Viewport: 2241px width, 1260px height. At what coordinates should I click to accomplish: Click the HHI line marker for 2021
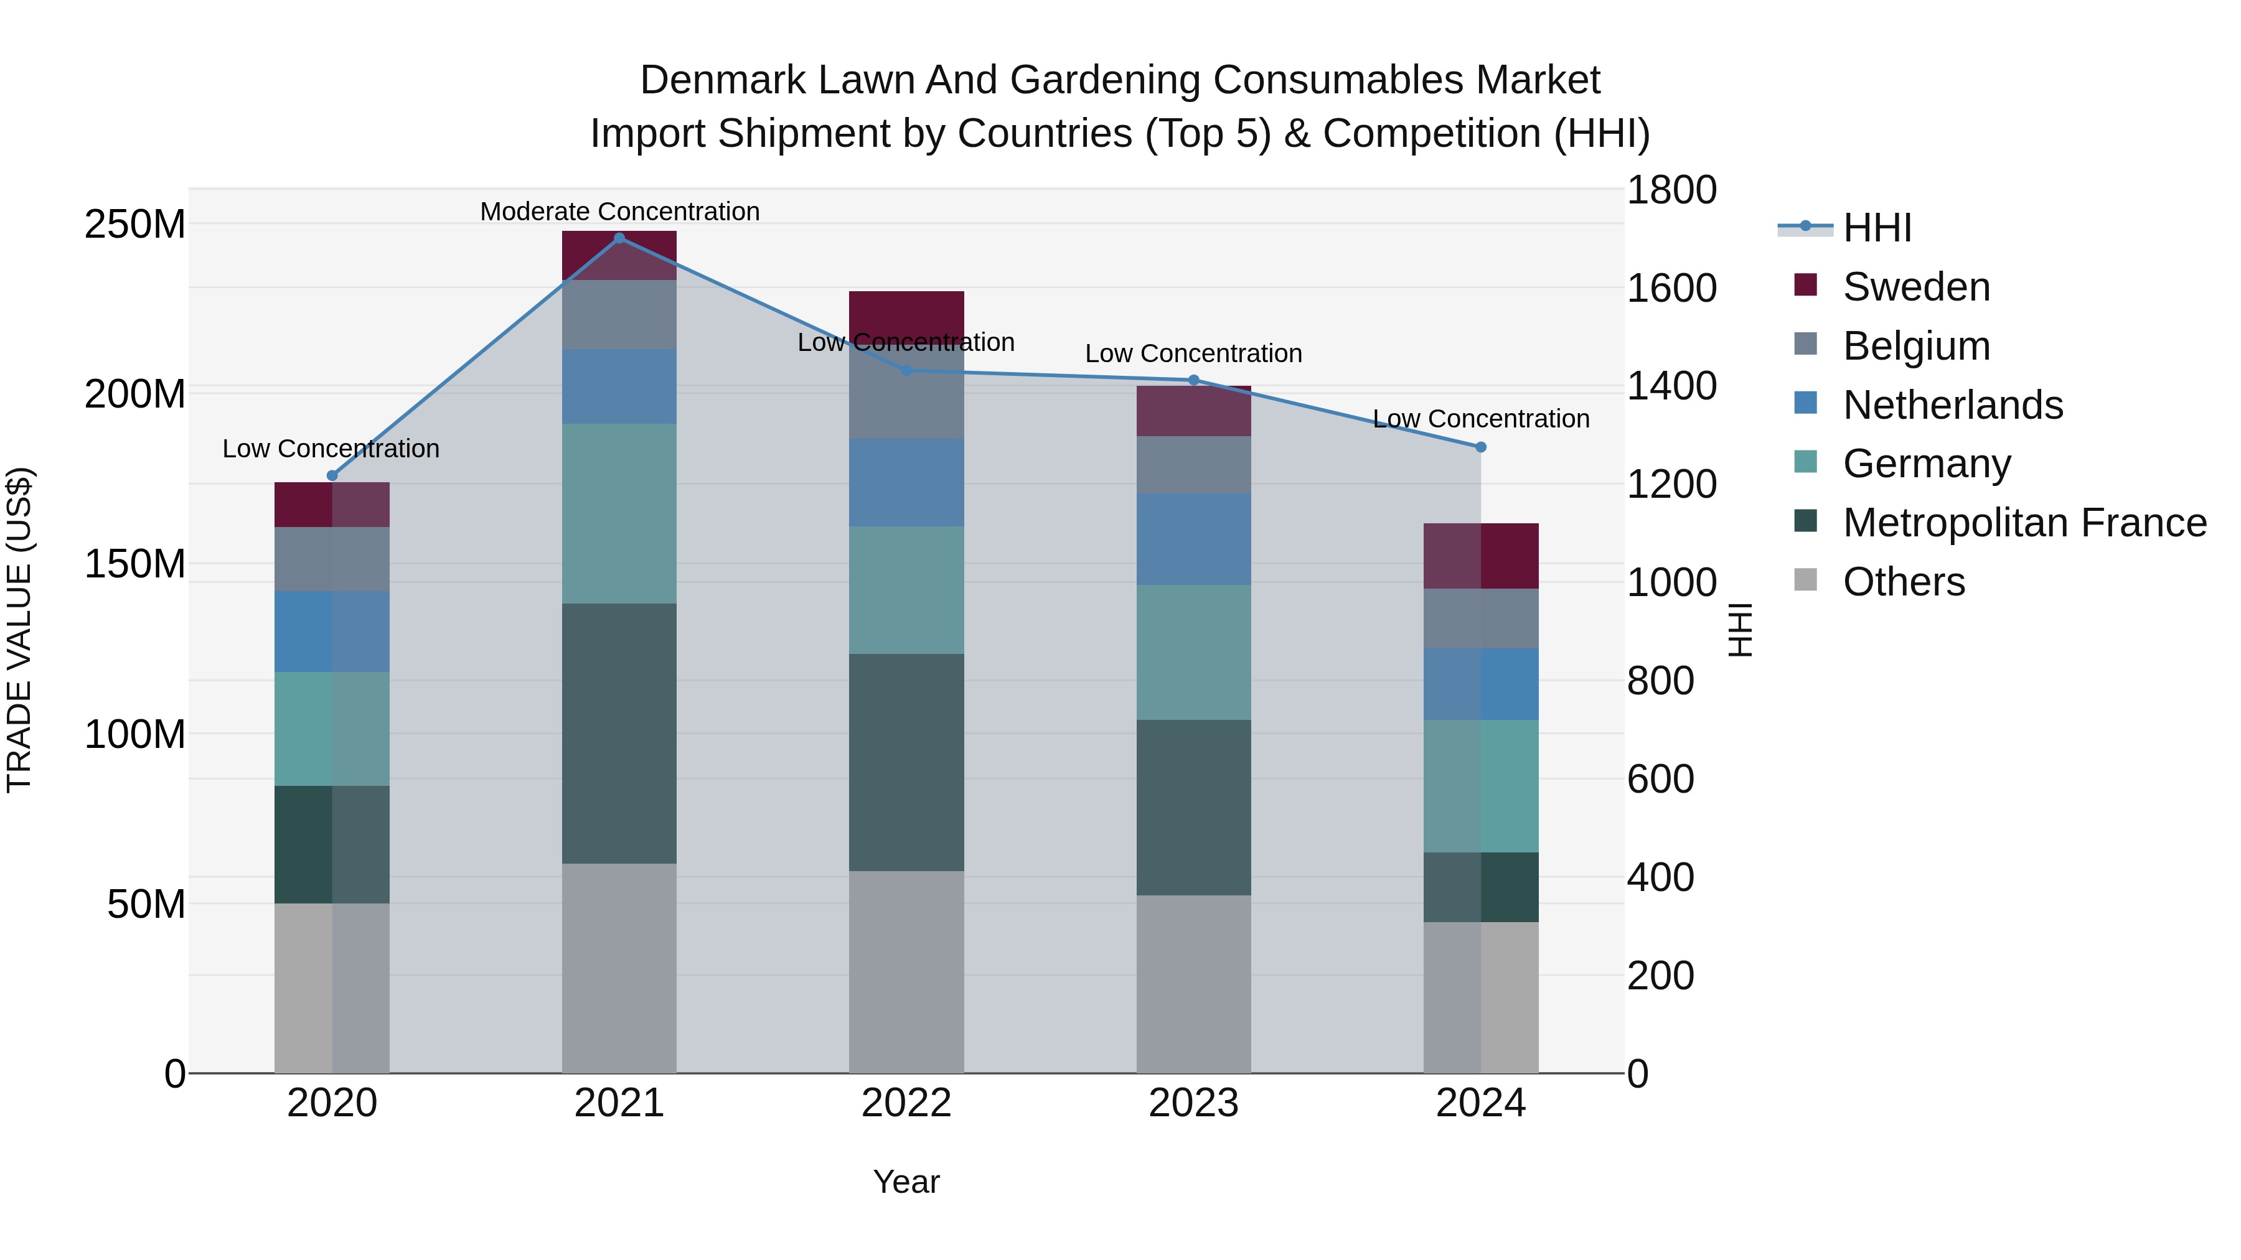point(619,238)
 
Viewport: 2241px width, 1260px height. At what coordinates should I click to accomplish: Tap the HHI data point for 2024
point(1481,447)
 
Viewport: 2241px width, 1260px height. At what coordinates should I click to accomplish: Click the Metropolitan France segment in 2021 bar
point(619,733)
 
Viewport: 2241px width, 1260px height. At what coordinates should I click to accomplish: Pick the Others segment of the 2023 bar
point(1193,984)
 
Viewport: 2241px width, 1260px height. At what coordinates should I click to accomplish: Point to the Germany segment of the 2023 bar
point(1193,652)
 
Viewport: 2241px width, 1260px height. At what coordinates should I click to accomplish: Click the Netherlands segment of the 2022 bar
point(906,483)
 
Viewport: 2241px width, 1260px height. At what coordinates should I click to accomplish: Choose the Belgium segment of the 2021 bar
point(619,315)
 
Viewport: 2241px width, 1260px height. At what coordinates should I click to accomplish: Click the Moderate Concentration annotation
point(619,212)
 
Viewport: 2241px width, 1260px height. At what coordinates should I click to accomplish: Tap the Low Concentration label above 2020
point(331,449)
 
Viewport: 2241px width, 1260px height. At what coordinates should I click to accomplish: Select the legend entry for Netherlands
point(1952,404)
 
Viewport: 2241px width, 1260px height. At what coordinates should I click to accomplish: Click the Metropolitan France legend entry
point(2024,523)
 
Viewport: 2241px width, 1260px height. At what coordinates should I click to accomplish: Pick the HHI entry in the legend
point(1876,228)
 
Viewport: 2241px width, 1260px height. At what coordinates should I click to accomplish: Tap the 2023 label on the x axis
point(1193,1103)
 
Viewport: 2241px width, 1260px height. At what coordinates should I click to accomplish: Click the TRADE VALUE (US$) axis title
point(19,630)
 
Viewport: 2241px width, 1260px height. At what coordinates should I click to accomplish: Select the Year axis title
point(906,1182)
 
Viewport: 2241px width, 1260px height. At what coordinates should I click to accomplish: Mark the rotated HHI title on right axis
point(1739,630)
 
